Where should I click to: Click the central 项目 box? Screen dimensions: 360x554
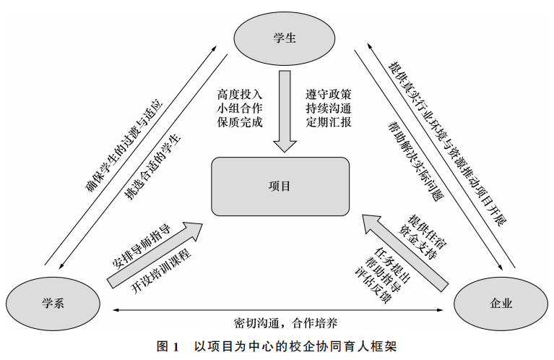pyautogui.click(x=280, y=187)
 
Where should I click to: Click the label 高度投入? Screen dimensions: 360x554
pyautogui.click(x=240, y=95)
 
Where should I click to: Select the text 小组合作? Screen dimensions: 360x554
pyautogui.click(x=240, y=108)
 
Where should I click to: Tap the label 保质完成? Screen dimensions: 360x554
pyautogui.click(x=240, y=122)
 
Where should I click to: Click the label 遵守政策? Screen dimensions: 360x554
pyautogui.click(x=329, y=95)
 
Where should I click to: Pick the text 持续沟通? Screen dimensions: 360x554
pyautogui.click(x=329, y=108)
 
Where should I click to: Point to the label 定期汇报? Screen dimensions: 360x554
pyautogui.click(x=329, y=122)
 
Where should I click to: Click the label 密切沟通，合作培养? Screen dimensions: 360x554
pyautogui.click(x=277, y=320)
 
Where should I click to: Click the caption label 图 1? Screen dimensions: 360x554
pyautogui.click(x=168, y=346)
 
